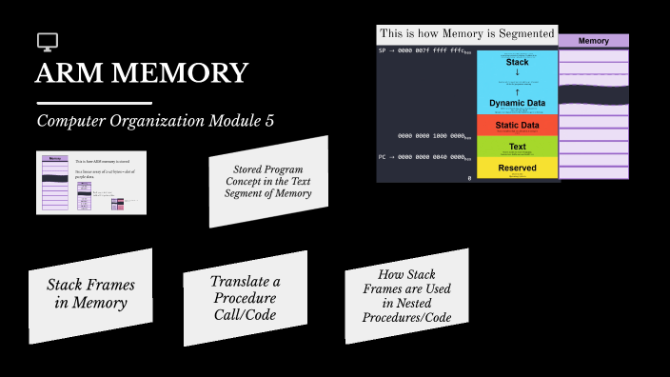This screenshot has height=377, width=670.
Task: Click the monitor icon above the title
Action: point(48,42)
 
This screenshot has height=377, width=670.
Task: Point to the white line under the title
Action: point(93,102)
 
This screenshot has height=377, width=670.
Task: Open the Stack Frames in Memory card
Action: point(90,294)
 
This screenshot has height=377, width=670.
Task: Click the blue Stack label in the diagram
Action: point(517,62)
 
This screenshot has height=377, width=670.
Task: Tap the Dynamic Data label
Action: point(517,103)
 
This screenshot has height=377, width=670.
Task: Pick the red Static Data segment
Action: point(517,125)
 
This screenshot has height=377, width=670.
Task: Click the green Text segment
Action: point(517,147)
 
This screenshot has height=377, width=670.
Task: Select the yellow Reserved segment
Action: point(517,169)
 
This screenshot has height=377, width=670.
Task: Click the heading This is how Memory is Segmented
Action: point(466,33)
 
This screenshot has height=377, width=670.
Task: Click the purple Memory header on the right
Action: point(593,41)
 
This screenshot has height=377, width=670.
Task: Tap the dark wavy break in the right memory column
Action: point(593,94)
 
